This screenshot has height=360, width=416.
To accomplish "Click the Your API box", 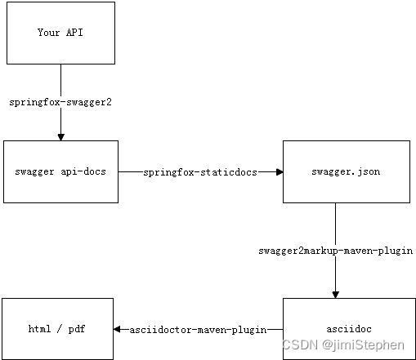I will tap(60, 33).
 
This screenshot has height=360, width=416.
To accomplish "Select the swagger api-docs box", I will tap(60, 171).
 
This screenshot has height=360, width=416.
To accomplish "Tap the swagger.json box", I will tap(346, 171).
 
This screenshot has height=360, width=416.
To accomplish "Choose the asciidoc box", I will tap(346, 329).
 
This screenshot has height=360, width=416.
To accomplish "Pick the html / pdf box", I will tap(57, 329).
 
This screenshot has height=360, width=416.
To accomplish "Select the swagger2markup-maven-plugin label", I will tap(335, 251).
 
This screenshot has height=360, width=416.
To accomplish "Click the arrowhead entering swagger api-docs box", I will tap(60, 136).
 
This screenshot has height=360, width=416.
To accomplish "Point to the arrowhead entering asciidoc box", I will tap(335, 294).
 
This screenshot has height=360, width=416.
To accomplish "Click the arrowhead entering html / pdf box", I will tap(118, 330).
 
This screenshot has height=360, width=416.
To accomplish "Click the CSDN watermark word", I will tap(299, 344).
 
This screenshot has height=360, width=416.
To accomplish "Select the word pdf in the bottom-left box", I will tap(77, 330).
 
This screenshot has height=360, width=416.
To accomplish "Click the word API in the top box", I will tap(74, 33).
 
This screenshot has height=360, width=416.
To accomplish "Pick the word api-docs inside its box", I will tap(80, 172).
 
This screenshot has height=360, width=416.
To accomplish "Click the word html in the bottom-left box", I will tap(39, 330).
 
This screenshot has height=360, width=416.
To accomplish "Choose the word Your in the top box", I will tap(48, 33).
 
